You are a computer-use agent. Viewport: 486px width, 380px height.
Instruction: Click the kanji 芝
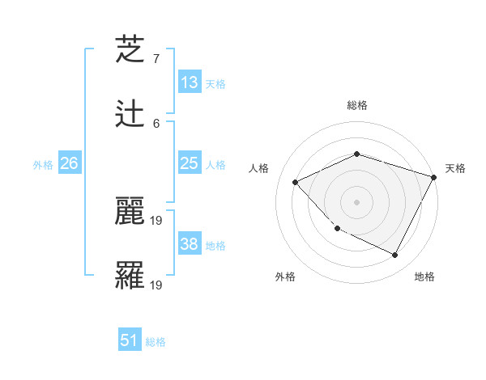(130, 49)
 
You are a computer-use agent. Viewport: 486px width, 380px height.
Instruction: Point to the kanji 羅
(130, 276)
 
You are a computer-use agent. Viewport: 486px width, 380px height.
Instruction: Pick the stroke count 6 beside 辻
(156, 123)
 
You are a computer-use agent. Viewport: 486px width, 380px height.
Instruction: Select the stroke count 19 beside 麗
(157, 220)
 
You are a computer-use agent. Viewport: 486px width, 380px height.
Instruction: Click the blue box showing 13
(189, 82)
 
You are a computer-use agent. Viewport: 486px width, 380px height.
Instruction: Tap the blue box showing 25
(189, 164)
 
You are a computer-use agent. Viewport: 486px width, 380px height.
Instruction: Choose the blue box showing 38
(189, 244)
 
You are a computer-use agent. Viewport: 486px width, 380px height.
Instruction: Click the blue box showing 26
(69, 164)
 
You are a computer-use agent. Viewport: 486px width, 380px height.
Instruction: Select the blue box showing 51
(130, 340)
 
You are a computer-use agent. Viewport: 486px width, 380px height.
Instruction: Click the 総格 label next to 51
(156, 342)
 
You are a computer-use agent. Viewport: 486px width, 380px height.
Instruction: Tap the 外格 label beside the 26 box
(43, 165)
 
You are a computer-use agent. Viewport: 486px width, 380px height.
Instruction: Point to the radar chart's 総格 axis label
(357, 105)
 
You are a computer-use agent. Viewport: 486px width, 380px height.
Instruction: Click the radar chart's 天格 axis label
(455, 168)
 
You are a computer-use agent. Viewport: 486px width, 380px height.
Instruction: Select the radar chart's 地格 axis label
(424, 277)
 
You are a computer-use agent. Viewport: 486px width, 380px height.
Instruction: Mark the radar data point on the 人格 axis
(296, 182)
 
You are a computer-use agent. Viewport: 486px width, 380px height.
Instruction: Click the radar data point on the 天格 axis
(434, 177)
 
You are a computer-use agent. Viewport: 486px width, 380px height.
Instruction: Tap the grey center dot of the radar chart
(356, 201)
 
